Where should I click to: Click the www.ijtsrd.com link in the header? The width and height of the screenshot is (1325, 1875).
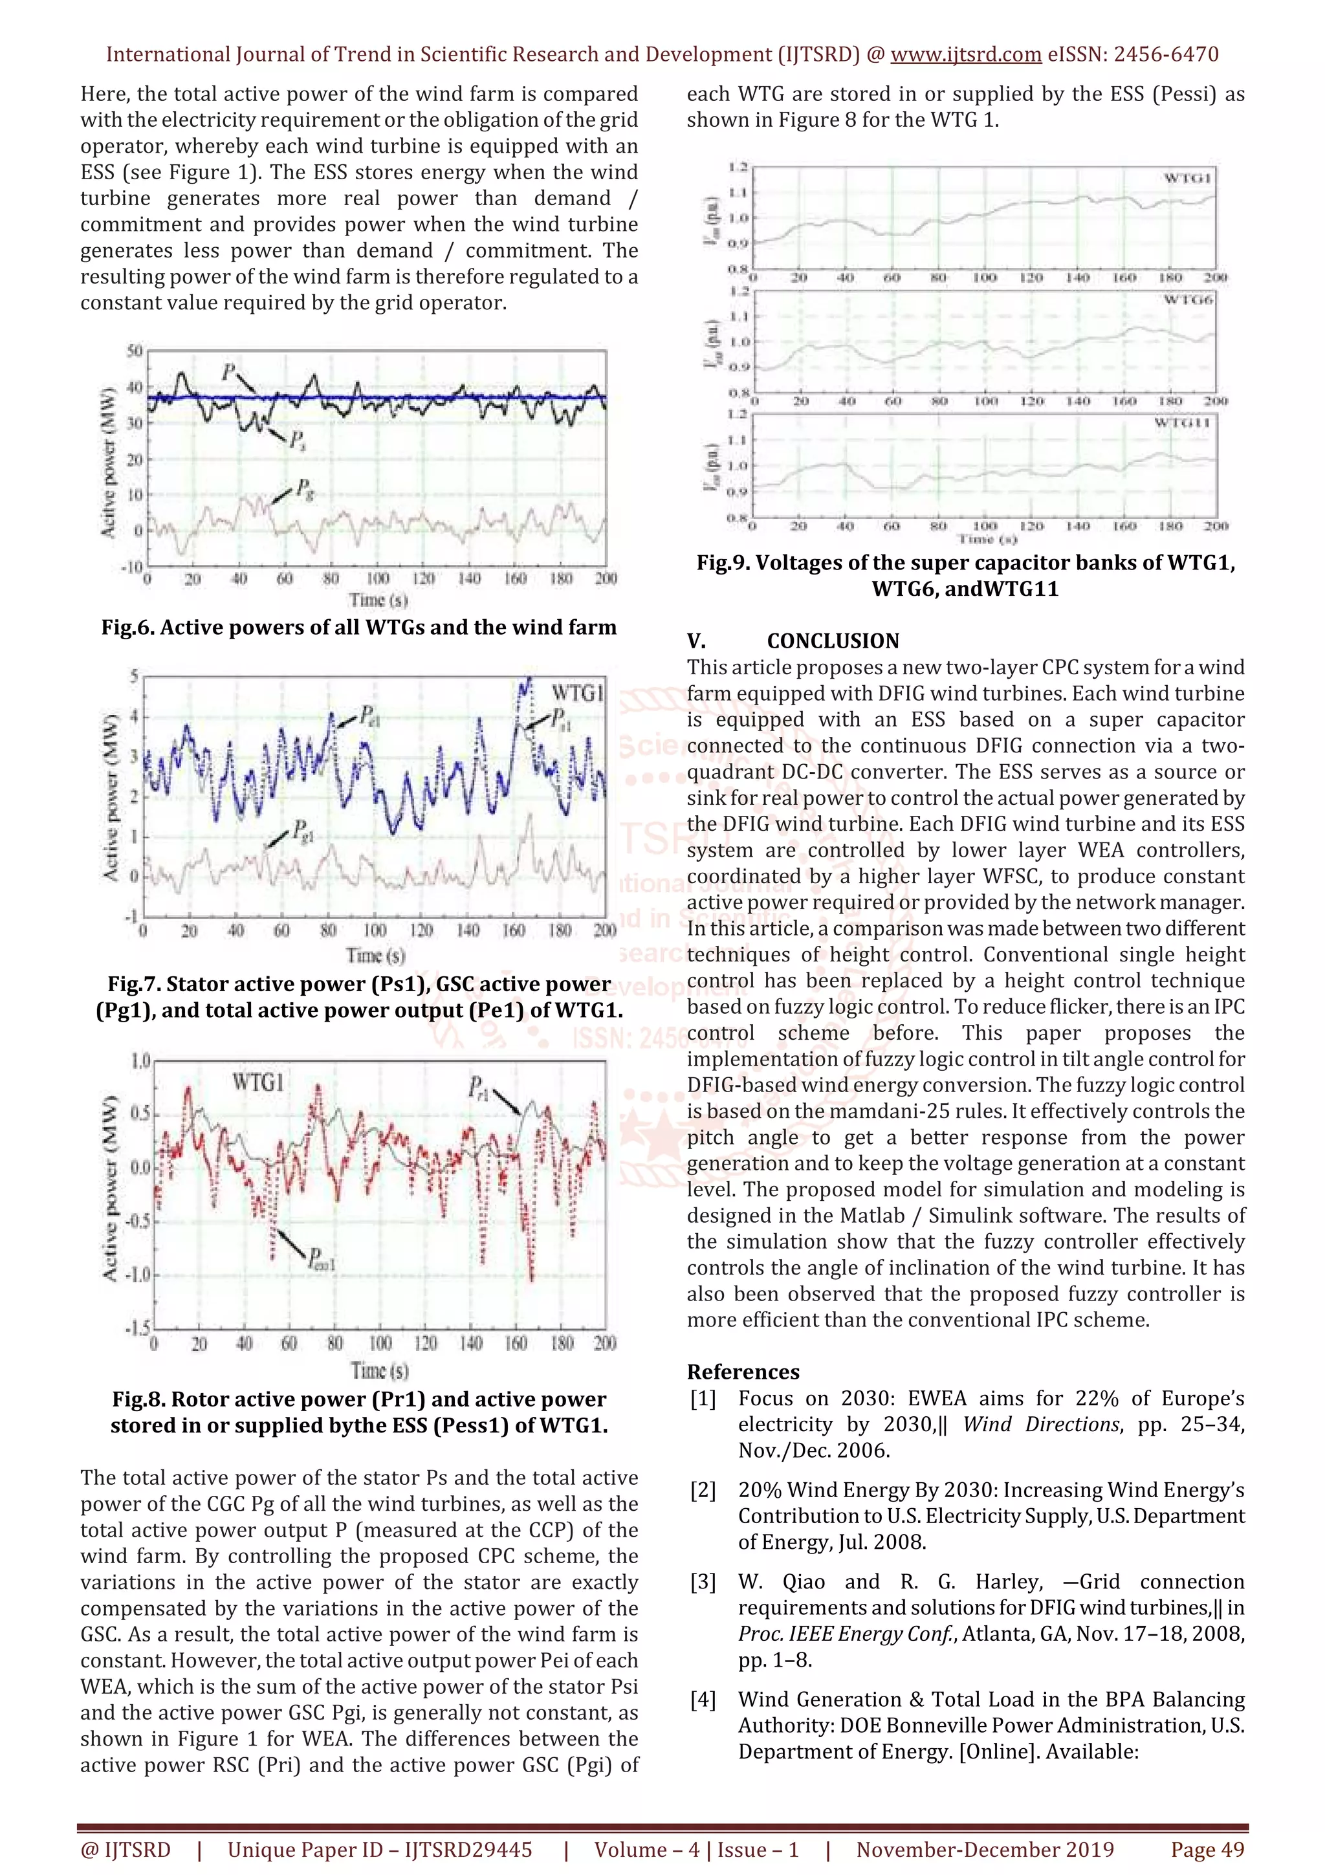[965, 55]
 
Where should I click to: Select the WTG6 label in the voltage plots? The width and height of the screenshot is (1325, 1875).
[1188, 300]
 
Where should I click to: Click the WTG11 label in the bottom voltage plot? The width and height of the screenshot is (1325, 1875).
[1182, 422]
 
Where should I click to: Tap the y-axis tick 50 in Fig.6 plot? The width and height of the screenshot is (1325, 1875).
[134, 351]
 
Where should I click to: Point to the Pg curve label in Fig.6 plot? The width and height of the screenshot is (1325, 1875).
[303, 489]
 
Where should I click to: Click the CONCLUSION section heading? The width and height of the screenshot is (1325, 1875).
[833, 641]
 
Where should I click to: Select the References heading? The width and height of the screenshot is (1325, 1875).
[743, 1372]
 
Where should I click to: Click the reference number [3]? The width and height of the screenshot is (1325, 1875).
[703, 1582]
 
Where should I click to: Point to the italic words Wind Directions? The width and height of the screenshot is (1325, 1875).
[1041, 1424]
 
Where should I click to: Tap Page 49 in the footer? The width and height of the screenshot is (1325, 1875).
[1207, 1850]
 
